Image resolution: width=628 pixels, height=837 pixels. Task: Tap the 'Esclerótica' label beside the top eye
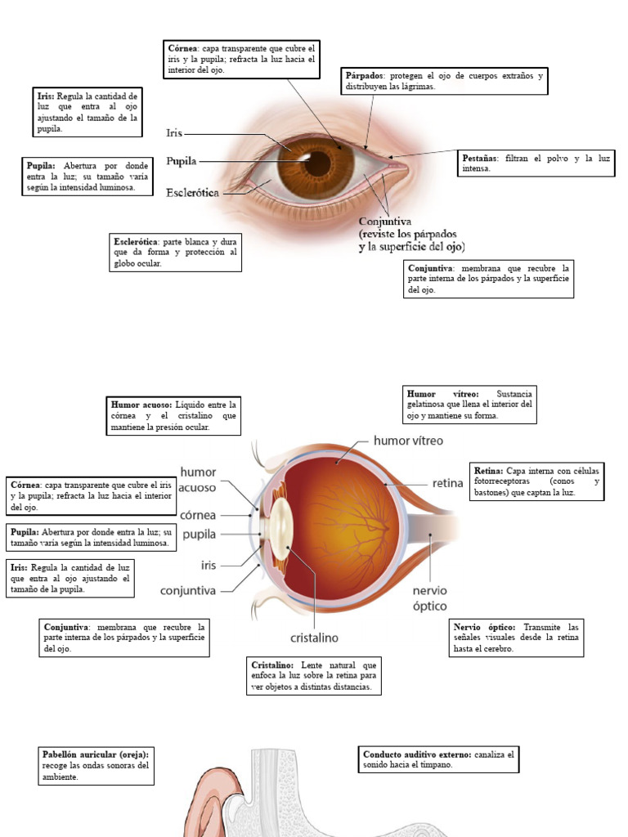pos(194,194)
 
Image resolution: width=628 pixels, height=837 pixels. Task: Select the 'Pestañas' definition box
pos(535,163)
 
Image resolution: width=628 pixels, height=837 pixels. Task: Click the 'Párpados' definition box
pos(444,81)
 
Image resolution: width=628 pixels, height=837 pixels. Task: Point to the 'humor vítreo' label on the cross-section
pos(408,441)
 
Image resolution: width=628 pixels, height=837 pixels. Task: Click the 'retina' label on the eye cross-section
pos(447,483)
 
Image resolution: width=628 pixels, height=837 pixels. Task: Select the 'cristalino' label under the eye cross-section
pos(315,638)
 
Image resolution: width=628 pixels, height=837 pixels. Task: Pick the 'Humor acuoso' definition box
pos(175,415)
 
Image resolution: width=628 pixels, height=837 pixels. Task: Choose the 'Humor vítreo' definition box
pos(470,405)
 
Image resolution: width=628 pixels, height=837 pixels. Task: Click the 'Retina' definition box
pos(538,481)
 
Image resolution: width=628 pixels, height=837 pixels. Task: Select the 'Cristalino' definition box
pos(314,676)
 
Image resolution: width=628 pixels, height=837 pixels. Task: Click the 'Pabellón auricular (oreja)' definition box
pos(96,765)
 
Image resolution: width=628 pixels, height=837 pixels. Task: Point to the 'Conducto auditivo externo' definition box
pos(439,759)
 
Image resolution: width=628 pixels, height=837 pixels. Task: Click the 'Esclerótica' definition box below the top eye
pos(176,253)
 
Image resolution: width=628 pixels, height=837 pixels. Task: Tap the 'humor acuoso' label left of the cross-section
pos(198,480)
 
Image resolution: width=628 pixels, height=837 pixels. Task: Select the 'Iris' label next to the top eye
pos(173,132)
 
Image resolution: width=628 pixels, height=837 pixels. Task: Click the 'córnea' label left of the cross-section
pos(198,515)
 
